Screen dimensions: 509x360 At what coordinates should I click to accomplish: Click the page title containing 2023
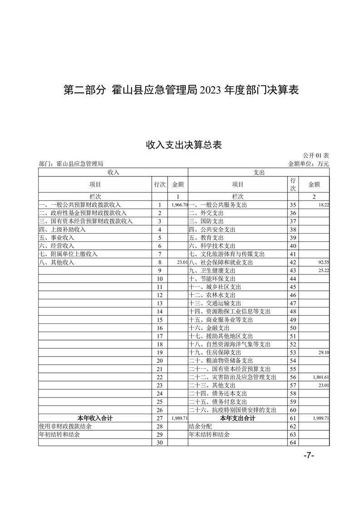[x=180, y=90]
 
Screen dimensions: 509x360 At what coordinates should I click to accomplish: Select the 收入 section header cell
[x=113, y=172]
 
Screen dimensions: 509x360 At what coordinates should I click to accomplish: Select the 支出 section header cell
[x=259, y=172]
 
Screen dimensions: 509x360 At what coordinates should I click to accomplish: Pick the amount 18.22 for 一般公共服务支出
[x=324, y=205]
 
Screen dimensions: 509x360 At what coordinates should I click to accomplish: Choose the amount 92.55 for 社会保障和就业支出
[x=324, y=262]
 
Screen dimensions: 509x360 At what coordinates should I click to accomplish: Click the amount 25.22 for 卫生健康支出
[x=324, y=270]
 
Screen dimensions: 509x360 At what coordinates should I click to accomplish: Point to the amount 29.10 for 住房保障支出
[x=324, y=352]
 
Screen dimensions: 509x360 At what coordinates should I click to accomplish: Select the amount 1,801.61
[x=321, y=377]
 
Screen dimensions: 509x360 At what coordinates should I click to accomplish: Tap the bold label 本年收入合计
[x=95, y=418]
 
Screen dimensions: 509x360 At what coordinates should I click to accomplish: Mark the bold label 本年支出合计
[x=237, y=418]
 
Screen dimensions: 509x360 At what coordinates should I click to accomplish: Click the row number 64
[x=293, y=442]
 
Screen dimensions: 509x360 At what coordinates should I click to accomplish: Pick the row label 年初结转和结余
[x=60, y=434]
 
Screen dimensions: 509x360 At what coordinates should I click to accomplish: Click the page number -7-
[x=309, y=456]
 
